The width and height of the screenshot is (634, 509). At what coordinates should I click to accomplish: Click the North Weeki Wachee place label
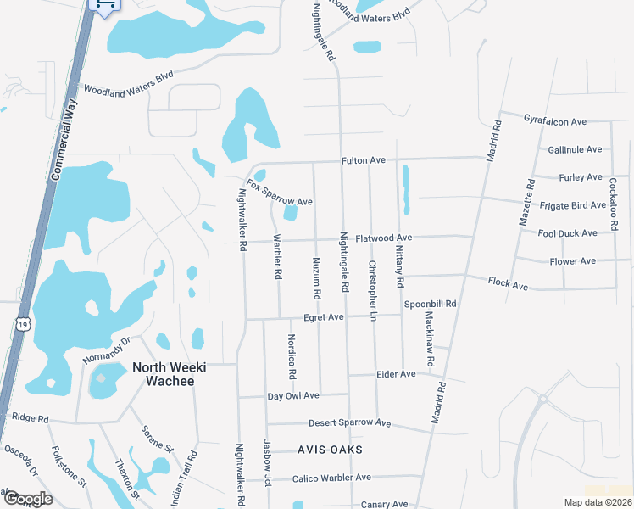click(x=164, y=374)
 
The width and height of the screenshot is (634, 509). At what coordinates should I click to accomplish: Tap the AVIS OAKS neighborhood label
click(x=330, y=449)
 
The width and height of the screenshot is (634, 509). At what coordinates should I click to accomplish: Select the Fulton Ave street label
click(x=364, y=159)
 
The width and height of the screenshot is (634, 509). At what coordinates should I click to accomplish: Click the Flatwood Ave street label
click(x=383, y=238)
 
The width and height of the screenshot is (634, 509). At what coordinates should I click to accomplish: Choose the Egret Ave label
click(x=323, y=317)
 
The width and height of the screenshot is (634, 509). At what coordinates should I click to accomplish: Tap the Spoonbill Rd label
click(x=430, y=304)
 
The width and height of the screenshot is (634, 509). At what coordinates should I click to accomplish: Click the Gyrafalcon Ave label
click(x=555, y=121)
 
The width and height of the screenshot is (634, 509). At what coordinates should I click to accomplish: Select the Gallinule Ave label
click(x=575, y=149)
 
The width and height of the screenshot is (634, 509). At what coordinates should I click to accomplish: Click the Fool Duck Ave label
click(x=568, y=232)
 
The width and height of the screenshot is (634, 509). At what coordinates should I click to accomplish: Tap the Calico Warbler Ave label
click(x=331, y=478)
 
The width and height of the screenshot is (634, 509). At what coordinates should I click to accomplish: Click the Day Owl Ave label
click(x=293, y=395)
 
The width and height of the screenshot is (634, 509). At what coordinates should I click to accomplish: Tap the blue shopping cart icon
click(x=104, y=5)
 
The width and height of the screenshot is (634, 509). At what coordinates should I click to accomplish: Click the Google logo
click(x=27, y=499)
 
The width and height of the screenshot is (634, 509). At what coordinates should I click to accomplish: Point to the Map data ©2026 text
click(x=598, y=502)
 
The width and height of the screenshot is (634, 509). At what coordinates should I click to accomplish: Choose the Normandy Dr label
click(x=106, y=351)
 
